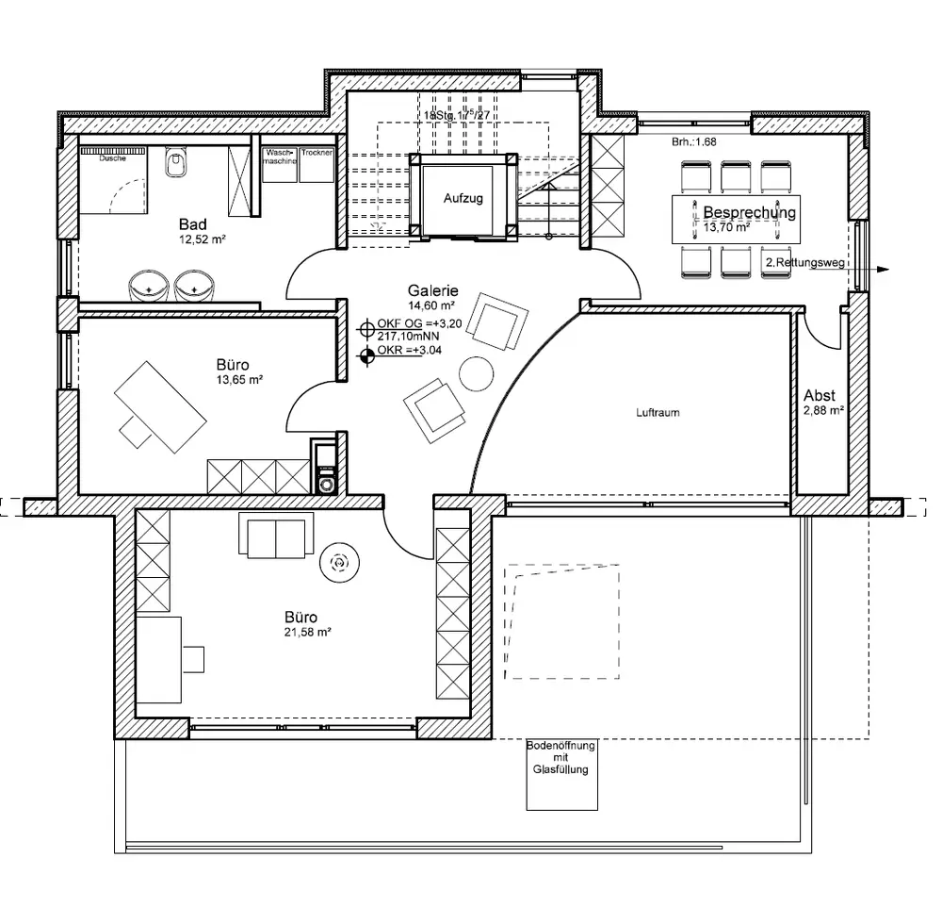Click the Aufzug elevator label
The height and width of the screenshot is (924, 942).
[x=463, y=199]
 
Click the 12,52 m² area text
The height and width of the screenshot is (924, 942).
[x=203, y=239]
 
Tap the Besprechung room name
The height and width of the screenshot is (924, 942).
[x=750, y=212]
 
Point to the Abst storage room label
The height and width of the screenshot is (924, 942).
[x=820, y=396]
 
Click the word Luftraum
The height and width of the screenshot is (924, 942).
[x=658, y=412]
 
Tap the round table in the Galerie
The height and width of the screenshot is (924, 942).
[x=477, y=373]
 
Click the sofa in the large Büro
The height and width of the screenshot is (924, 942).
[x=276, y=536]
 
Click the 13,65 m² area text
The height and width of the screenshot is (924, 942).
[x=239, y=379]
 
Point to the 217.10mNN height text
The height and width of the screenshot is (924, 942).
[x=408, y=335]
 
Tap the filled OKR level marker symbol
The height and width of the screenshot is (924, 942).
[x=367, y=355]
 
